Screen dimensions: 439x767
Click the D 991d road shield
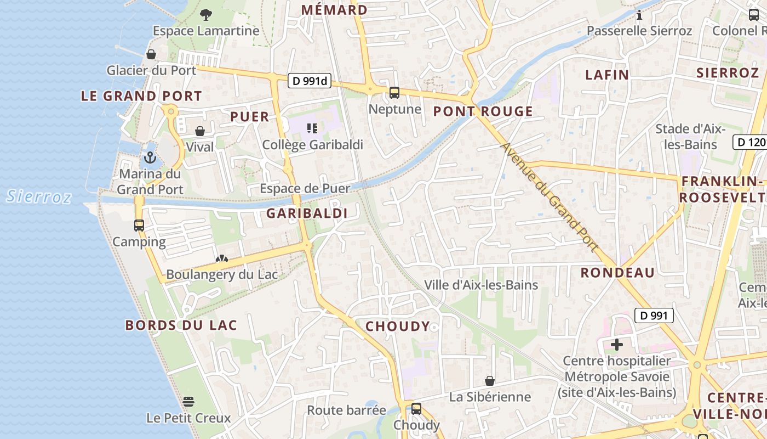tap(311, 81)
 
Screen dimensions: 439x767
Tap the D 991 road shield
tap(654, 316)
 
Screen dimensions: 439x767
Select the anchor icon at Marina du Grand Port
tap(150, 157)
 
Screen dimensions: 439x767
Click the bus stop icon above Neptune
tap(394, 93)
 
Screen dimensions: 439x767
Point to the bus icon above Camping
tap(139, 225)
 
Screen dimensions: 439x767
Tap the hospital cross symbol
tap(617, 345)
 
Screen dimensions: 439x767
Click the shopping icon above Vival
tap(200, 131)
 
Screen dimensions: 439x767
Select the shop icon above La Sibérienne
tap(490, 381)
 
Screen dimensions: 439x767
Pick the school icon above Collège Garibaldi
tap(312, 128)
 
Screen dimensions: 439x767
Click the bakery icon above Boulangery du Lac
tap(221, 258)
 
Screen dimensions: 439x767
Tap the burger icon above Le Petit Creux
tap(188, 402)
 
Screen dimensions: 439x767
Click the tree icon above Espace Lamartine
tap(206, 15)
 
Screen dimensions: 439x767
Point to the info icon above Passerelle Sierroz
tap(639, 15)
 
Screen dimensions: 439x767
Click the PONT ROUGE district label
tap(483, 111)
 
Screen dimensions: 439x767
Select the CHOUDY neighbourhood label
tap(398, 327)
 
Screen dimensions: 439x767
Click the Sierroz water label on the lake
tap(39, 196)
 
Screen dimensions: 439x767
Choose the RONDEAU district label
tap(617, 273)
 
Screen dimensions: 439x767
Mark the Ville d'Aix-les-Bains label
tap(481, 285)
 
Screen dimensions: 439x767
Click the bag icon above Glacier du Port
tap(151, 54)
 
